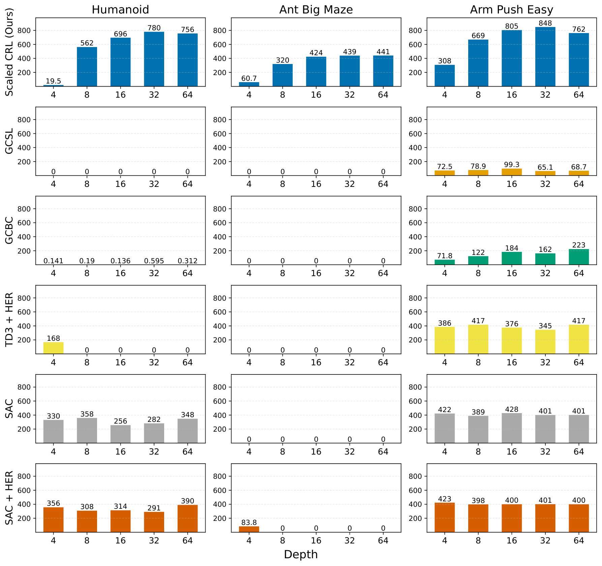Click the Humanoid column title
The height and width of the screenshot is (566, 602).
(x=120, y=10)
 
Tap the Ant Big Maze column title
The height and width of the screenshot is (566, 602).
(x=316, y=10)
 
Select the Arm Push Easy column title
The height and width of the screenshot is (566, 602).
(x=511, y=10)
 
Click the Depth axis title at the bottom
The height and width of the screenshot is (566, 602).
(x=301, y=554)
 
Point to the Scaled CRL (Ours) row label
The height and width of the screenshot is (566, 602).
(x=9, y=52)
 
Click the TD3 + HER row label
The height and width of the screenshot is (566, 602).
(x=9, y=319)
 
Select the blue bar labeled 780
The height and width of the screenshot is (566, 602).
(x=154, y=59)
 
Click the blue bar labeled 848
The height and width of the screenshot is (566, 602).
(x=545, y=57)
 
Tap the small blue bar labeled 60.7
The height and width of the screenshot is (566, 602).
(x=249, y=85)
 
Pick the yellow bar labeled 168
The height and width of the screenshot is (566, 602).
(x=53, y=348)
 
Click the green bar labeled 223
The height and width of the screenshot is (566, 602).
(x=578, y=257)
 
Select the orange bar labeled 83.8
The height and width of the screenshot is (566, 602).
(x=249, y=529)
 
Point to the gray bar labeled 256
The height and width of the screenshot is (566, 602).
(x=120, y=434)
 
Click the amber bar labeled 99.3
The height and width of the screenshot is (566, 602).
(x=511, y=172)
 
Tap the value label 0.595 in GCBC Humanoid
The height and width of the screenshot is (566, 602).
(x=154, y=261)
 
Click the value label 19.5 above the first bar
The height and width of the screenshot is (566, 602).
(x=53, y=81)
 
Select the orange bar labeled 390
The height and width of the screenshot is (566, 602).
(x=187, y=519)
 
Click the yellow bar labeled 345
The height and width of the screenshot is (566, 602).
(x=545, y=342)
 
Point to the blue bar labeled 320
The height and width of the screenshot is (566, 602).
(x=282, y=75)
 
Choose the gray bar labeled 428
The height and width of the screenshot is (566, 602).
(x=511, y=428)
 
